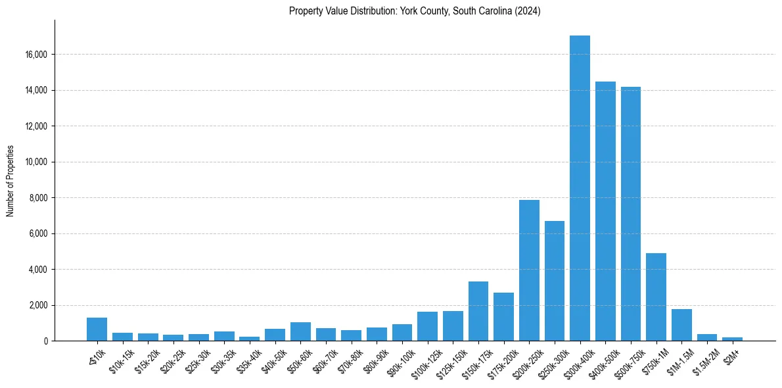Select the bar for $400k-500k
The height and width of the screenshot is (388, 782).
point(605,211)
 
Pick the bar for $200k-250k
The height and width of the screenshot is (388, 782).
point(529,270)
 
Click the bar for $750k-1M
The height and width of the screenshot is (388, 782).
point(656,297)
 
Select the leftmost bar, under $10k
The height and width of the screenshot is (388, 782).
point(97,329)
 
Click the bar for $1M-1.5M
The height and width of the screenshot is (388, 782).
point(681,325)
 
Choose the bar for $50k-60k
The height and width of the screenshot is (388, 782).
point(300,331)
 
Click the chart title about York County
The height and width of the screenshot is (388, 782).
point(415,11)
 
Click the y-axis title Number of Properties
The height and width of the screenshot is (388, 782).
point(11,181)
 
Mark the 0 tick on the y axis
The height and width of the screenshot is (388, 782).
point(45,341)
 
